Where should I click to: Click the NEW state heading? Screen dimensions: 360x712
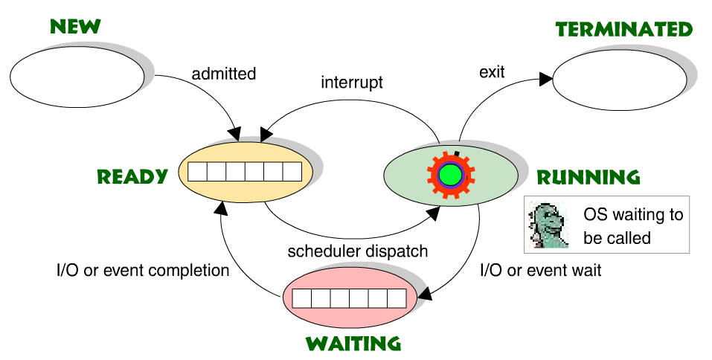(x=74, y=27)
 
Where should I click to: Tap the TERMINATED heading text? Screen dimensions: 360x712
(x=624, y=29)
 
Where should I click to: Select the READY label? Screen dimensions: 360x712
(x=132, y=177)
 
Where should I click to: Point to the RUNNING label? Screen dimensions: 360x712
(x=588, y=178)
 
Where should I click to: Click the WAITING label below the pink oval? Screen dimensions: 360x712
(x=353, y=344)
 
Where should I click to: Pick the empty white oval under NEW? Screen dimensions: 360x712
(x=77, y=78)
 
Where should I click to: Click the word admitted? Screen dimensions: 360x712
(x=223, y=74)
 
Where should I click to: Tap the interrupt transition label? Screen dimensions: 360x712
(x=352, y=83)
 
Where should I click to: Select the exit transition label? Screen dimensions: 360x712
(x=492, y=72)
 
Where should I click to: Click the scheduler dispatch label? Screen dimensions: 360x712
(x=358, y=251)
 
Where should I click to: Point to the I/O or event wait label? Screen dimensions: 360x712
(x=540, y=270)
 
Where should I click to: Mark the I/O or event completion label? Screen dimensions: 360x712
(x=144, y=270)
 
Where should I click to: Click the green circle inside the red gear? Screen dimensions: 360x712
(x=449, y=175)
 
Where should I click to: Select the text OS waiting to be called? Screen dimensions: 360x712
(x=632, y=226)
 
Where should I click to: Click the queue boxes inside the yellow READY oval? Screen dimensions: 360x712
(x=245, y=172)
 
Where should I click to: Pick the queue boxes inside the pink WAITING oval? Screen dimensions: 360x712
(x=349, y=299)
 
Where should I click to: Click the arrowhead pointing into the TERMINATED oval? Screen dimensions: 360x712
(x=548, y=77)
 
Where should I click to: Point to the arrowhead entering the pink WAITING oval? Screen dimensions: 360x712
(x=425, y=295)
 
